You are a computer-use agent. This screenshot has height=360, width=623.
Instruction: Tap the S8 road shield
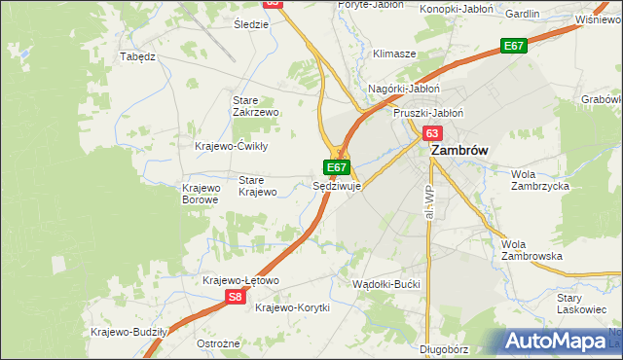point(235,298)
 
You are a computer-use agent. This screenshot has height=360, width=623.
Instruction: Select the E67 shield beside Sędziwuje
point(337,167)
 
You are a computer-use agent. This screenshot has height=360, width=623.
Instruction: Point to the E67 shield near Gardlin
point(514,46)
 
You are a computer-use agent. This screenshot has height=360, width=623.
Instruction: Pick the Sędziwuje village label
point(338,185)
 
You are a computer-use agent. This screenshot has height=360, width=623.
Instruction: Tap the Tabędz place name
point(137,56)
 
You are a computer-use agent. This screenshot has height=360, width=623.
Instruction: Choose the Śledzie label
point(251,23)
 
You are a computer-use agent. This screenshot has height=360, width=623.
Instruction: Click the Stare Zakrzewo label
point(256,106)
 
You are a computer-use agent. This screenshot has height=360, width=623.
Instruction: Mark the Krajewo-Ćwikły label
point(232,146)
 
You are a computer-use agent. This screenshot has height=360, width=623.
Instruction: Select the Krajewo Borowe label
point(202,194)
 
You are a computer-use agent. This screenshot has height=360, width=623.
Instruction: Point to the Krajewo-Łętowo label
point(240,280)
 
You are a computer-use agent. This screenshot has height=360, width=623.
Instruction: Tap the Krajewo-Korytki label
point(292,307)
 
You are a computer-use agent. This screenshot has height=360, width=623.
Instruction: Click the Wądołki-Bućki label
point(387,282)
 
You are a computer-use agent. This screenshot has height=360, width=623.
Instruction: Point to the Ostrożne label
point(218,343)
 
